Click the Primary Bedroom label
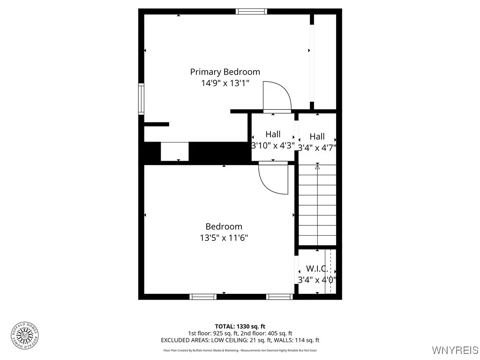(225, 72)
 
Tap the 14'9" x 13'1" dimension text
(225, 83)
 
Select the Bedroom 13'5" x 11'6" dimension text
(224, 238)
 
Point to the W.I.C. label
(317, 269)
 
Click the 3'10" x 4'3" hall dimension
(273, 145)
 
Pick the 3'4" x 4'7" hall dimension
(317, 148)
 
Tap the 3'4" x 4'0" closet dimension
(317, 280)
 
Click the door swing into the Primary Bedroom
(276, 96)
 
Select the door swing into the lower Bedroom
(273, 178)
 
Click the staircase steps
(317, 206)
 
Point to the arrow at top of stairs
(317, 166)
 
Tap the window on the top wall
(251, 11)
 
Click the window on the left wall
(141, 98)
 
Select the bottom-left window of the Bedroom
(203, 296)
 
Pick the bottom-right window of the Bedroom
(279, 296)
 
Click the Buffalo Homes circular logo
(25, 335)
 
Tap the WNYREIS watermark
(455, 350)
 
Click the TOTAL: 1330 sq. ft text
(240, 326)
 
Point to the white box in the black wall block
(174, 151)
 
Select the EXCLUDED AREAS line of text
(240, 340)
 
